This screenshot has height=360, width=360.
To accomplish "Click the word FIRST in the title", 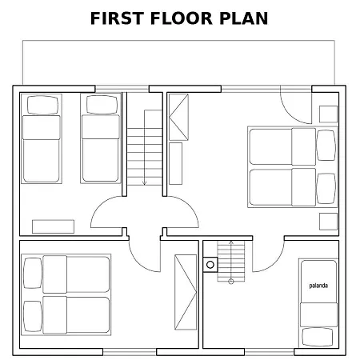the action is point(118,18).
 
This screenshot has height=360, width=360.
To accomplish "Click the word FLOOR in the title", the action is point(182,18).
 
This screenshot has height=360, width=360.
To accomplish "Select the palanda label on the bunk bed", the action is point(318,286).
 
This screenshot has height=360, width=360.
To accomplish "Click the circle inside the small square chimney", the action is point(210,265).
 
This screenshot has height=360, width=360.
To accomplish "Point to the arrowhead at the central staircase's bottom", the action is point(145,183).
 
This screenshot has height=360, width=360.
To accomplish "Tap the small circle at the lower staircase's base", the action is point(231,282).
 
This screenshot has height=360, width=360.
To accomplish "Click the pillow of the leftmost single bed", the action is point(42,105).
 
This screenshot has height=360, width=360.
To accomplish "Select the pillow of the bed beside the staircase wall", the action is point(102,105).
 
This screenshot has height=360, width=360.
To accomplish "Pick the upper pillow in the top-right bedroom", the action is point(326,146).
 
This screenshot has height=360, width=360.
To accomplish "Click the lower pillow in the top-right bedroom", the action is point(326,189).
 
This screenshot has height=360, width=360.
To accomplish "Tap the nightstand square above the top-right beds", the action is point(328,114).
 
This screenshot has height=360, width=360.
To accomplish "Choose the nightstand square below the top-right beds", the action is point(328,222).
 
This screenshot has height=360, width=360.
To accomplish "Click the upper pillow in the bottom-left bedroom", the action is point(33,273).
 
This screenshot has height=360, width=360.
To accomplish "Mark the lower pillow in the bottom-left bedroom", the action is point(33,316).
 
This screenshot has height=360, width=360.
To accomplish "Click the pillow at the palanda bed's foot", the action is point(318,337).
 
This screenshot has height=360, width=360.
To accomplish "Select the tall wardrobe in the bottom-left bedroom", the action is point(186,292).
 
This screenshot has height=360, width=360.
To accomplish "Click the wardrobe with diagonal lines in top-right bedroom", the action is point(178,117).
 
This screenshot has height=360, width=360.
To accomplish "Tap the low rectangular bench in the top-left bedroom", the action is point(53,226).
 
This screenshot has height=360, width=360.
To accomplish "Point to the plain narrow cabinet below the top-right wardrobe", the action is point(175,163).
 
